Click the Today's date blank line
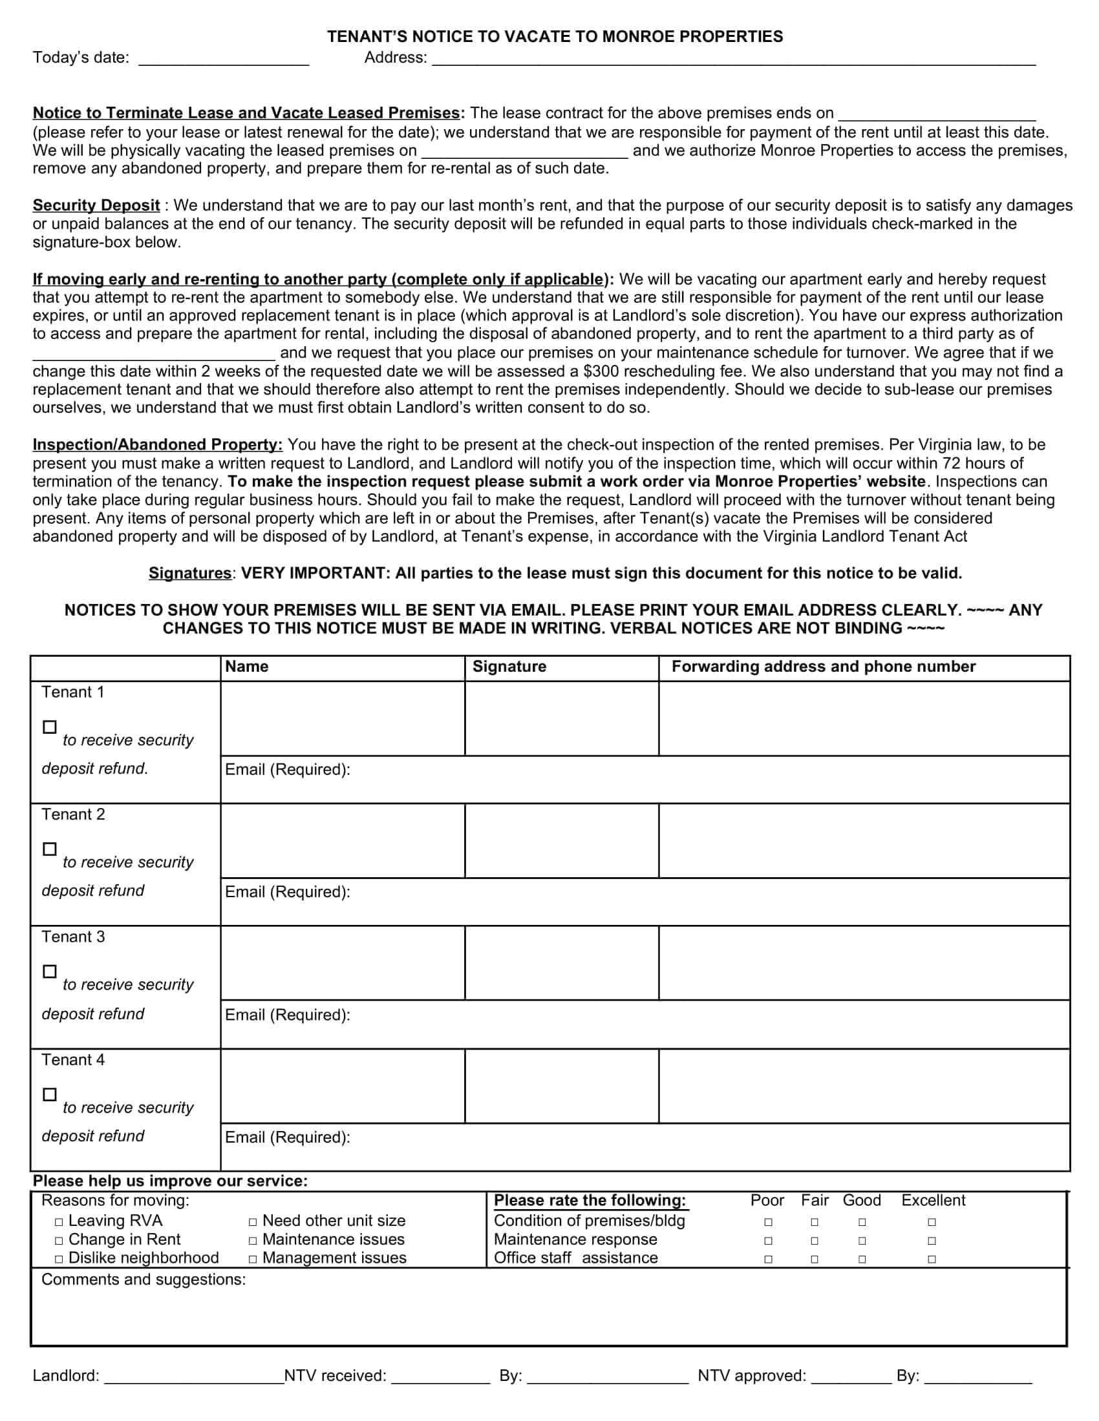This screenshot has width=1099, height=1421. pos(223,60)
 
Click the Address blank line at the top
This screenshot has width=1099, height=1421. pos(733,60)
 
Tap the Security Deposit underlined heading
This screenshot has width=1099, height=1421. pos(96,205)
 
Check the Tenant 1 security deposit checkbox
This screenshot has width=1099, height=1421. pos(50,727)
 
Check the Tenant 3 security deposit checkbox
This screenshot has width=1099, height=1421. pos(50,971)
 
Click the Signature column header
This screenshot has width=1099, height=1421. pos(509,667)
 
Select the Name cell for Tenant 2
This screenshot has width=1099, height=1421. pos(343,840)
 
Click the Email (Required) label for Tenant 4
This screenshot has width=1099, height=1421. pos(287,1137)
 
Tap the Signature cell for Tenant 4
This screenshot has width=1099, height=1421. pos(561,1086)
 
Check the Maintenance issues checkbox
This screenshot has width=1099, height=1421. pos(253,1241)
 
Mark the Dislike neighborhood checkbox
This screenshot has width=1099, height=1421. pos(59,1260)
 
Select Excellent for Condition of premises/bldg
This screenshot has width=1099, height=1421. pos(932,1223)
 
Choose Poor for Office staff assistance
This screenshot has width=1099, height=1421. pos(768,1260)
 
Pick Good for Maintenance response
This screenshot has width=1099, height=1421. pos(862,1241)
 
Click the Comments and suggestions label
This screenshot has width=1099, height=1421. pos(144,1280)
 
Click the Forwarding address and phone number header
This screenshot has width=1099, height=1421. pos(823,667)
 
